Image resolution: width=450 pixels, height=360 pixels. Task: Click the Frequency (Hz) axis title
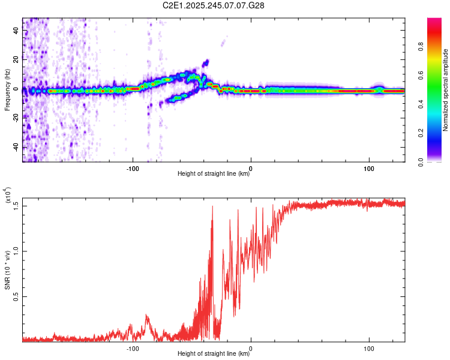(x=7, y=90)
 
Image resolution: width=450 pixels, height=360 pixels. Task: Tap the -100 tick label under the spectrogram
(x=133, y=167)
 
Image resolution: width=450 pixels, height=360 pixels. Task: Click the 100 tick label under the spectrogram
(x=368, y=167)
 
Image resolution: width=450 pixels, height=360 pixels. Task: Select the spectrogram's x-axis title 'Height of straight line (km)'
(x=214, y=174)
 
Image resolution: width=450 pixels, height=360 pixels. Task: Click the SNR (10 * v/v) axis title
(x=7, y=270)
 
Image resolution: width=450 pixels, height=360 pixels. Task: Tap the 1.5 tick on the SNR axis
(x=16, y=205)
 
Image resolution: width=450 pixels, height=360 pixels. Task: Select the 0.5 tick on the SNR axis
(x=16, y=296)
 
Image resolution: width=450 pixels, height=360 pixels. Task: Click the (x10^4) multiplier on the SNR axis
(x=8, y=195)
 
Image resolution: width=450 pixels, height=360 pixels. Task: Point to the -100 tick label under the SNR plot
(x=133, y=347)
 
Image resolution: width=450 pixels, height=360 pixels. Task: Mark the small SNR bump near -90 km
(x=148, y=317)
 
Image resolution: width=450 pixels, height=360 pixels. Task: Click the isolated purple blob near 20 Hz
(x=206, y=62)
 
